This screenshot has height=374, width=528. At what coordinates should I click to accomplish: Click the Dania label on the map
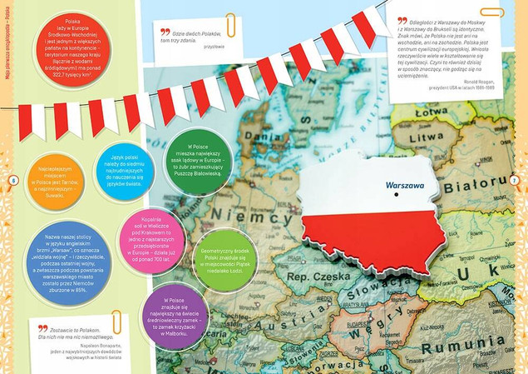click(x=259, y=132)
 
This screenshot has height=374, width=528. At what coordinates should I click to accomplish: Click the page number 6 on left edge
click(x=12, y=181)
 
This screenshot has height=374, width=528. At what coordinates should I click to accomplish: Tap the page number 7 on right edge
click(x=515, y=181)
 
